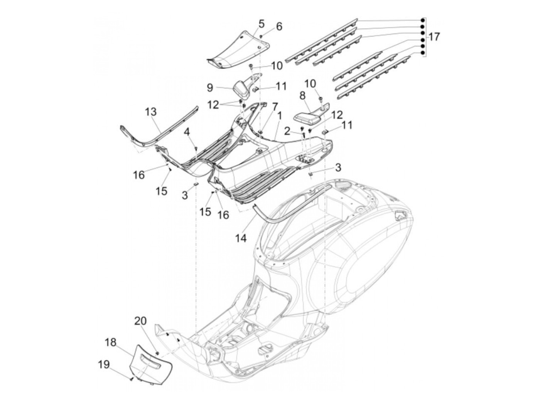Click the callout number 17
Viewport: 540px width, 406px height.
pos(434,37)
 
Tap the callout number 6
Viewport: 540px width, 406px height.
pos(279,27)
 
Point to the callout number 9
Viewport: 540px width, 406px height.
pos(210,87)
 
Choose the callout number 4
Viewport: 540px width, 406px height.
pos(187,132)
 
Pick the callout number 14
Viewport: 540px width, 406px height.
pos(241,239)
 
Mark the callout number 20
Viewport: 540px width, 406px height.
pos(140,321)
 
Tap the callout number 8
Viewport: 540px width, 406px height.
pos(302,95)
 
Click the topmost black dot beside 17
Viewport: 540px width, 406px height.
pos(422,20)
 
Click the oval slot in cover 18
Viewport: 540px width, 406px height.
pos(151,362)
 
